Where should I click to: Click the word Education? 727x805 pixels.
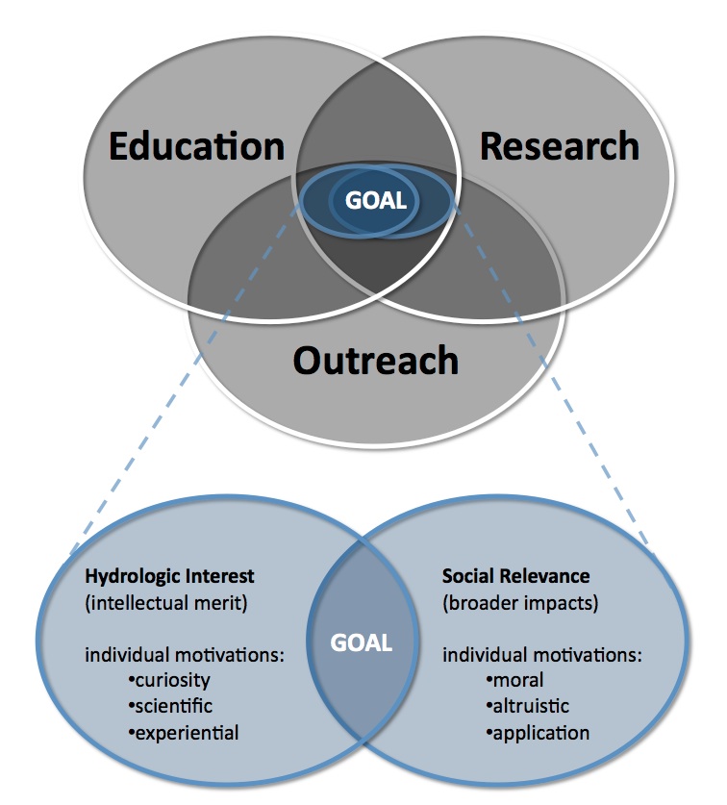click(196, 147)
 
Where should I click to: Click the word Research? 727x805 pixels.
click(559, 146)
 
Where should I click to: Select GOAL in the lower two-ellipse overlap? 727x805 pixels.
click(363, 642)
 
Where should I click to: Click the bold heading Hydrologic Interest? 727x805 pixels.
click(170, 577)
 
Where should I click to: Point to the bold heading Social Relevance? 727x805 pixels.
click(515, 577)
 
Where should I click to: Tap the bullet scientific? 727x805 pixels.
click(170, 707)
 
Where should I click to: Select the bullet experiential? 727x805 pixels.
click(183, 732)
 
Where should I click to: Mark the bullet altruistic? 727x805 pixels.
click(530, 707)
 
